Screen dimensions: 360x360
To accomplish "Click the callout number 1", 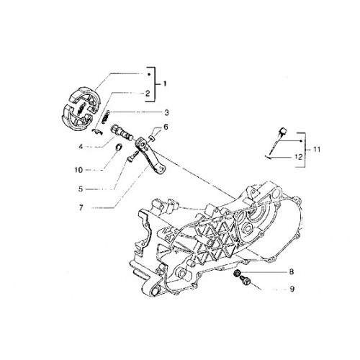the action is (x=165, y=84).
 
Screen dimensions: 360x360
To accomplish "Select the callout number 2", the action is (x=148, y=93).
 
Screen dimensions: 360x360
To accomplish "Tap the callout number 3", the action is (x=166, y=112).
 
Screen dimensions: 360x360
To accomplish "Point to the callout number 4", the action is (x=81, y=146).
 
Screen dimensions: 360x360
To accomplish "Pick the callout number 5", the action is (x=81, y=189).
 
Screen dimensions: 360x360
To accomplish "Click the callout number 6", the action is (x=166, y=127).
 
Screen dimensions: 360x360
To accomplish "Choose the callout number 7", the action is (x=81, y=207).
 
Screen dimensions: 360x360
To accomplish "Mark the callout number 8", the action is (x=292, y=271).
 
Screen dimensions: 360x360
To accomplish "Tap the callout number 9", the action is (x=292, y=289).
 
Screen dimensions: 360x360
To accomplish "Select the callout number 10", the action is (x=78, y=170).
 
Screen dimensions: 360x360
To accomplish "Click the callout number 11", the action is (x=317, y=150).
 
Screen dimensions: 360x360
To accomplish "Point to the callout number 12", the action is (x=299, y=157).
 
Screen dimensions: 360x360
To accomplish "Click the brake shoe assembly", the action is (x=81, y=109).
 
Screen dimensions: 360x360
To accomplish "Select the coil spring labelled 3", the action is (x=106, y=117).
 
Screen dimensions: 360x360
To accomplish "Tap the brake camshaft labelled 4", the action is (x=122, y=132).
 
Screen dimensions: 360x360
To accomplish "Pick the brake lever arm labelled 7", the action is (x=150, y=156).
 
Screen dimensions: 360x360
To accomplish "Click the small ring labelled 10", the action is (x=119, y=147).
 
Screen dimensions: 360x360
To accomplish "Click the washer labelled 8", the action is (x=237, y=273).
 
